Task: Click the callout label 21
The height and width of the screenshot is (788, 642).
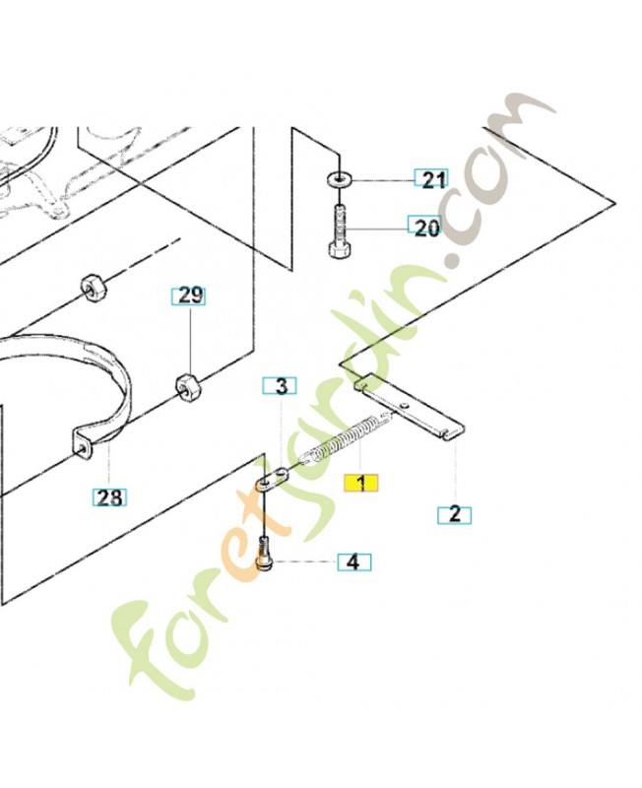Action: (431, 179)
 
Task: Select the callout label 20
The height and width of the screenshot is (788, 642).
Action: (424, 228)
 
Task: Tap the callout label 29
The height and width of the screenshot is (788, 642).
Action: (188, 296)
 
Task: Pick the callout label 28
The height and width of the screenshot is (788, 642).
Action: (109, 497)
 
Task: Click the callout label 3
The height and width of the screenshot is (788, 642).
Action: (280, 386)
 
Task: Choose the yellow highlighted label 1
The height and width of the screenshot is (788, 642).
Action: (360, 483)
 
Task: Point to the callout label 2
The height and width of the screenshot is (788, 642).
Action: (455, 515)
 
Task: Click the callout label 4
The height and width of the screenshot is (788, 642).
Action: (354, 561)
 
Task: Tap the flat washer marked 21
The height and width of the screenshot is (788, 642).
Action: (340, 178)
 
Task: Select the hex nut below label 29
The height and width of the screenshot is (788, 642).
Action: (187, 388)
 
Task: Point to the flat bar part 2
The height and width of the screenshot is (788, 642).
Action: (410, 406)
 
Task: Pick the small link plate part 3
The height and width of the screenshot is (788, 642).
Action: (274, 479)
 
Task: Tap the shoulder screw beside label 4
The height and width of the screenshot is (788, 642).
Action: (265, 555)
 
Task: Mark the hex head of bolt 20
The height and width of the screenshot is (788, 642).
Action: (340, 250)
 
